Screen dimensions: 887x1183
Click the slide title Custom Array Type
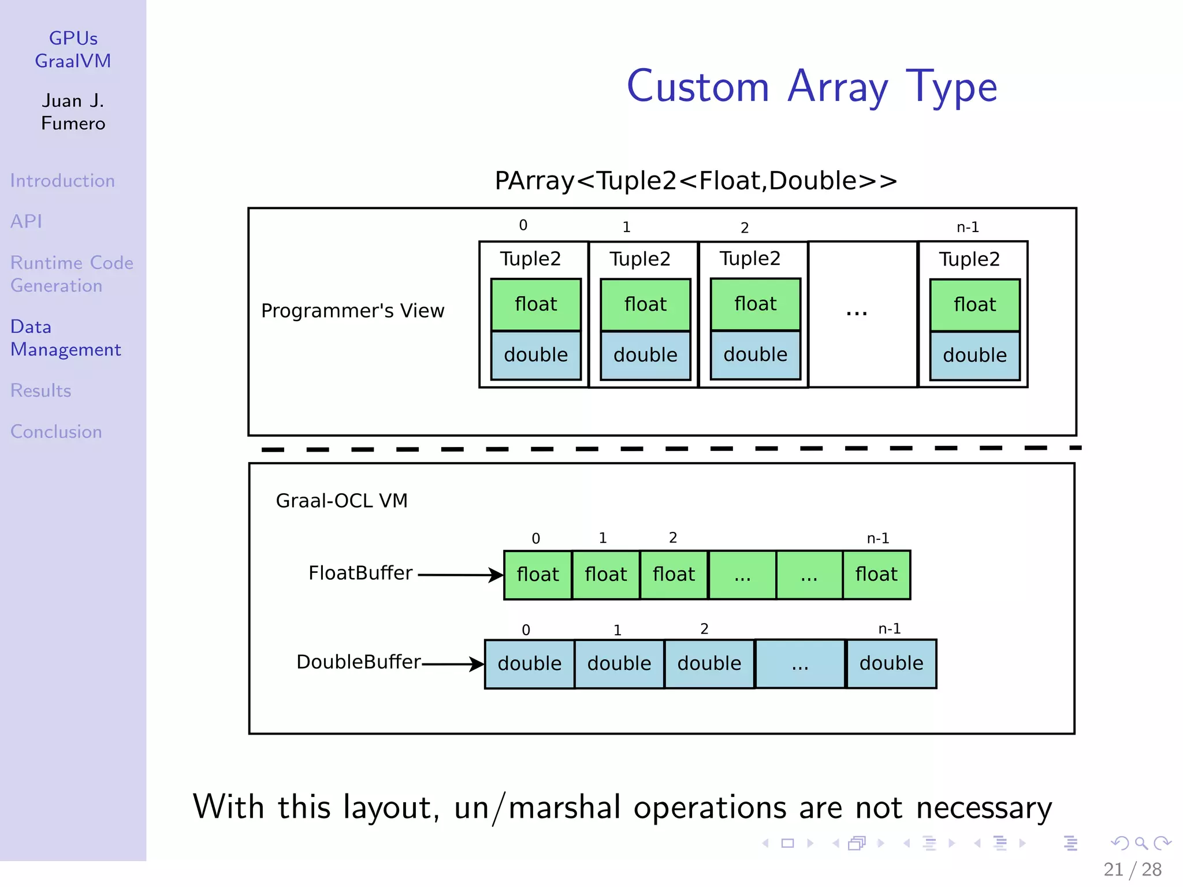pos(812,87)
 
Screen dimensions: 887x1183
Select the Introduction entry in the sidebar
pos(62,181)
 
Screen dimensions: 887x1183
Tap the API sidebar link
pos(26,221)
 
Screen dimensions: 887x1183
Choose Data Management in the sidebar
pos(65,338)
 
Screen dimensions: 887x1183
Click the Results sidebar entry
pos(40,390)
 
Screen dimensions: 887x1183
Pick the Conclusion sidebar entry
pos(56,431)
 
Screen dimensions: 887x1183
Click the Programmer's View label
pos(352,311)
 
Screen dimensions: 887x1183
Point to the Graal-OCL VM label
pos(341,500)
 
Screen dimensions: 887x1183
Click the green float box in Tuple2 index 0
pos(535,304)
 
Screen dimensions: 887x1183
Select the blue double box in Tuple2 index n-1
pos(974,355)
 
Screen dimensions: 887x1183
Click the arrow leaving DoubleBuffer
pos(453,664)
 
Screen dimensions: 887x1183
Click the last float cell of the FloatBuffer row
pos(876,575)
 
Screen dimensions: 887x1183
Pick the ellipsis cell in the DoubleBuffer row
pos(800,664)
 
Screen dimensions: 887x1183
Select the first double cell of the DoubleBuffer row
pos(529,664)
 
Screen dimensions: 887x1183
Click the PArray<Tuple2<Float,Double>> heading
pos(695,181)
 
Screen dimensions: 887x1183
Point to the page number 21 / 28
pos(1132,869)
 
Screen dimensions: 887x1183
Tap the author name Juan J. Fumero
pos(73,112)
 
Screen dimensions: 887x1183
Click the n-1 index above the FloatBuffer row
pos(877,538)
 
